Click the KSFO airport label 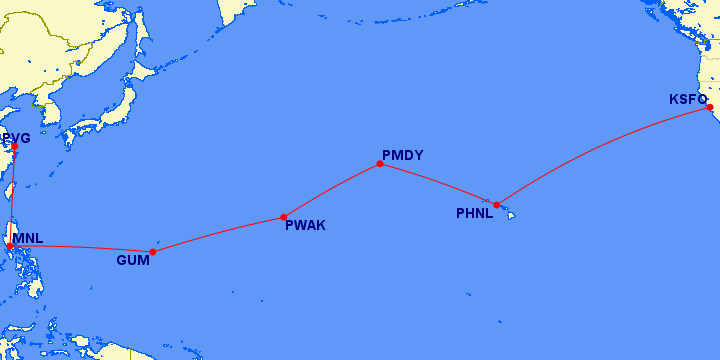click(687, 99)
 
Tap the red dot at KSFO click(709, 107)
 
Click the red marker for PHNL click(496, 205)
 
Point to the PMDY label click(402, 155)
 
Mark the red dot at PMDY click(380, 163)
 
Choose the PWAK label click(305, 226)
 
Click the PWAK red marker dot click(284, 217)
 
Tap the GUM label click(132, 260)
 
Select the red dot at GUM click(152, 252)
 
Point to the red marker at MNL click(10, 245)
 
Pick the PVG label click(17, 137)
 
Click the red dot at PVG click(15, 148)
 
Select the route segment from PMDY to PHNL click(438, 183)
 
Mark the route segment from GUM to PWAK click(218, 234)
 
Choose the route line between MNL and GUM click(80, 248)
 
